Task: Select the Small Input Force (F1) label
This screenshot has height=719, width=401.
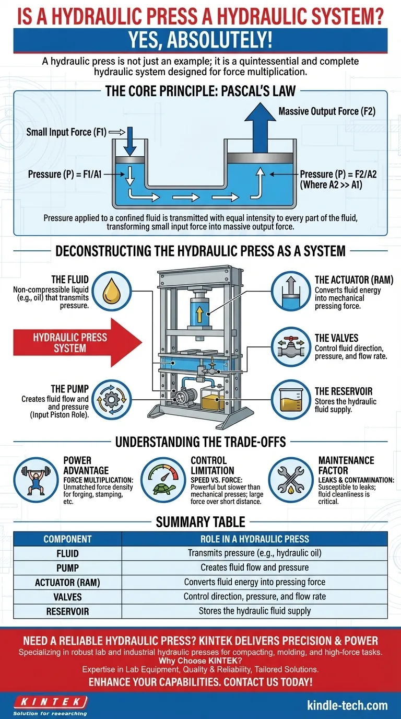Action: pyautogui.click(x=66, y=133)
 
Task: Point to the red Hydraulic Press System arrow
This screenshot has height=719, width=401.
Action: pyautogui.click(x=71, y=343)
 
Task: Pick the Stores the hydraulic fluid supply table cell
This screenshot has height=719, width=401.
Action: pyautogui.click(x=254, y=611)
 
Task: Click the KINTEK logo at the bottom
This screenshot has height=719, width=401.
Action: pyautogui.click(x=50, y=701)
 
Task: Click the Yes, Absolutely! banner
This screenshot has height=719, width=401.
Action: pyautogui.click(x=200, y=41)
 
